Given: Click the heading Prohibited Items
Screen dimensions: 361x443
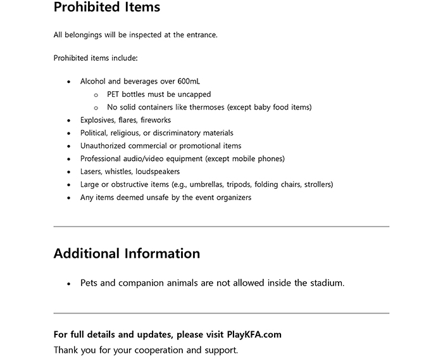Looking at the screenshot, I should click(106, 8).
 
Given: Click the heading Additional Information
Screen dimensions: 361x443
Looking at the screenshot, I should click(127, 254).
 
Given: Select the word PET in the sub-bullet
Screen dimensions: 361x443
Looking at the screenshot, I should click(114, 94).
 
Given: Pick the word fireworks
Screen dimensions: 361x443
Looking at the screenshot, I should click(156, 120).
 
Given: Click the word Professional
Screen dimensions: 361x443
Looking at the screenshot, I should click(100, 159).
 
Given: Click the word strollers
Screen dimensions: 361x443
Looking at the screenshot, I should click(317, 184).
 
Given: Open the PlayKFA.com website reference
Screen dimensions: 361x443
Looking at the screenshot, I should click(254, 334).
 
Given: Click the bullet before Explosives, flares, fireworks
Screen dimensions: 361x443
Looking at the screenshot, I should click(69, 120).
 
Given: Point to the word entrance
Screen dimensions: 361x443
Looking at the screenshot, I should click(201, 35).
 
